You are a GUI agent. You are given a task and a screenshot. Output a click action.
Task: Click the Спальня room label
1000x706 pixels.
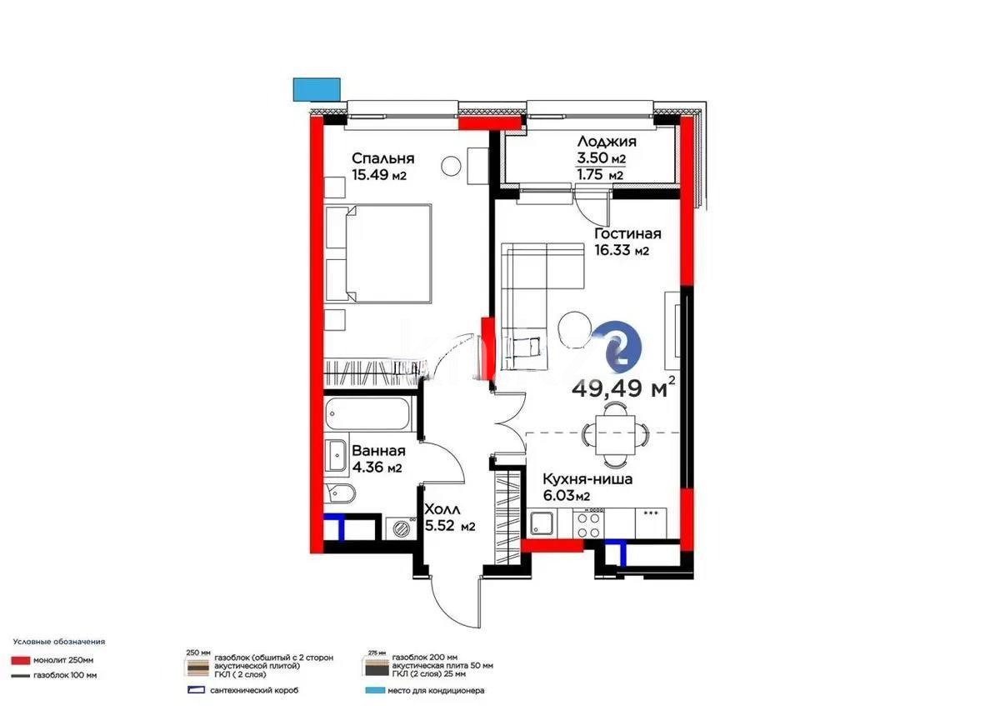(382, 158)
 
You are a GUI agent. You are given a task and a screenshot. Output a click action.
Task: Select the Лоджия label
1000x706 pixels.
(606, 142)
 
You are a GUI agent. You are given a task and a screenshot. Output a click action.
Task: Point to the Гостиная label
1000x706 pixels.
(627, 233)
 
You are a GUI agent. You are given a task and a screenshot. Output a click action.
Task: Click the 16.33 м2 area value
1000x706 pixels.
(621, 250)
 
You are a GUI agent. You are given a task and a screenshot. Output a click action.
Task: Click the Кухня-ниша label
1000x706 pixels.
(587, 479)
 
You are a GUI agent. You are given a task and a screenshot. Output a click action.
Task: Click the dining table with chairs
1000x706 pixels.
(614, 433)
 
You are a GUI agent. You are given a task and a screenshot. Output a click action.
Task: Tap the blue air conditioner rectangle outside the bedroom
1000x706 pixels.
(317, 88)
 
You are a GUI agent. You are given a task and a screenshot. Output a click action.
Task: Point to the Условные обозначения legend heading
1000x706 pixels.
(59, 642)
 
